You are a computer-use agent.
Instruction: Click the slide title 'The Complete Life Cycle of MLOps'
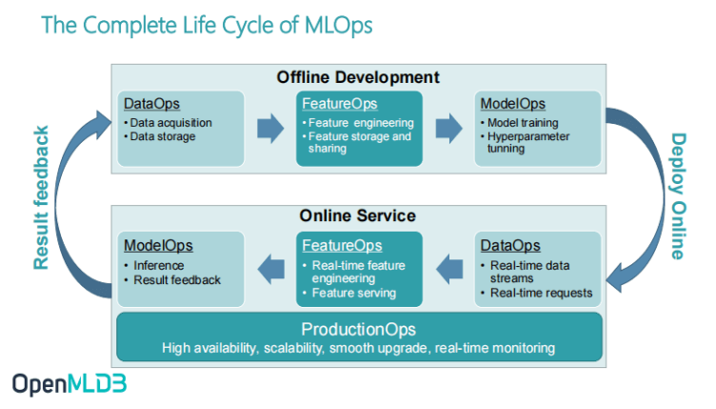click(207, 26)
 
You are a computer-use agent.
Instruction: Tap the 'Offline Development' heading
click(358, 77)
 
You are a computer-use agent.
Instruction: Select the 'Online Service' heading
click(358, 215)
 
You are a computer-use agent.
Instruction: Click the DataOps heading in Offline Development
click(151, 104)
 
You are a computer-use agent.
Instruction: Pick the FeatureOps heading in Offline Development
click(340, 104)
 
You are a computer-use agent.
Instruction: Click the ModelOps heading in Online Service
click(158, 245)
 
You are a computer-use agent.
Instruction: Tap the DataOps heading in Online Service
click(510, 245)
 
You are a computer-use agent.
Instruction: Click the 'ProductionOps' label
click(358, 330)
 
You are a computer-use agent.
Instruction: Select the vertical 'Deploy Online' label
click(679, 196)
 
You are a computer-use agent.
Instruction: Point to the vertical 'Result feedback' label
click(41, 197)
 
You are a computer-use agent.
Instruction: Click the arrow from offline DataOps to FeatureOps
click(270, 129)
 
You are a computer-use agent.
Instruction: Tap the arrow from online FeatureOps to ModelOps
click(271, 269)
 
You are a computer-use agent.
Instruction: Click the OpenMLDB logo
click(70, 384)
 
